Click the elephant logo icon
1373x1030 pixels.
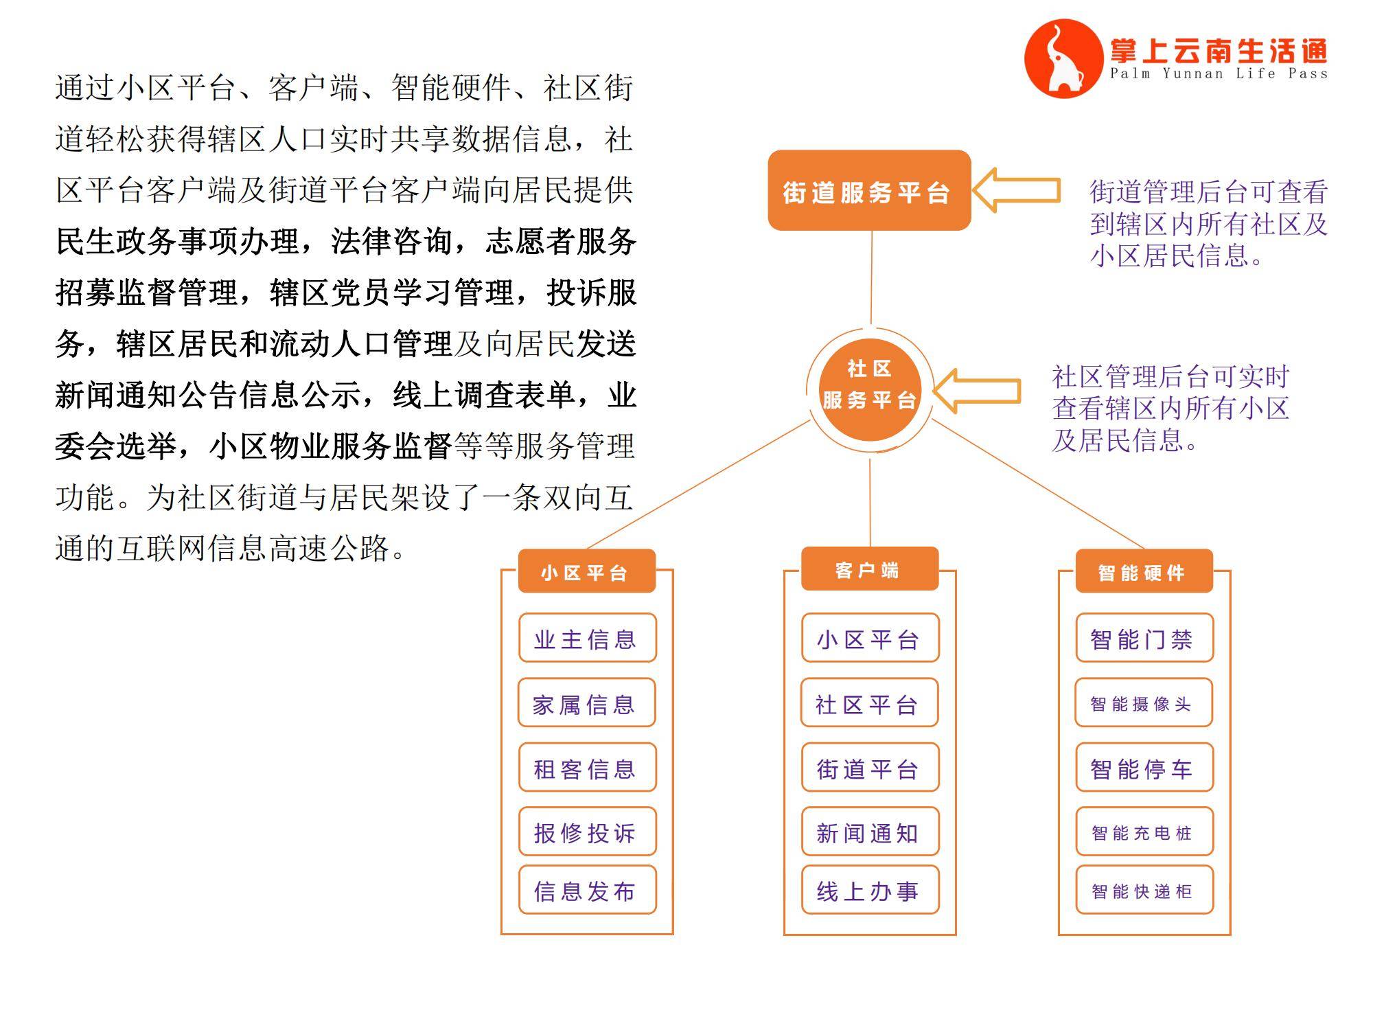tap(1063, 59)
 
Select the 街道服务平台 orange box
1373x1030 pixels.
tap(869, 190)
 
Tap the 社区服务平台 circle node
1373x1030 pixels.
tap(869, 389)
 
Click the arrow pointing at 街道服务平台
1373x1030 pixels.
tap(1016, 190)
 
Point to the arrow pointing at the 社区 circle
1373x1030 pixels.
tap(977, 391)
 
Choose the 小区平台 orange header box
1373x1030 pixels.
tap(587, 571)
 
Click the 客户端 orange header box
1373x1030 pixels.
tap(870, 569)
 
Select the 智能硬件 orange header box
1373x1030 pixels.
tap(1144, 571)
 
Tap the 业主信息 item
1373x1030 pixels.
tap(587, 638)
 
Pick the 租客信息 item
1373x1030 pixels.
tap(587, 767)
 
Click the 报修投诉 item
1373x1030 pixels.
tap(587, 832)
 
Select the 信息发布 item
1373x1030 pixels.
tap(587, 890)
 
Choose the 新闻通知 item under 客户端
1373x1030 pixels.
tap(870, 832)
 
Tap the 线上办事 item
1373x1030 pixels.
tap(870, 890)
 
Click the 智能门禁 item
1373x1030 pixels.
tap(1144, 638)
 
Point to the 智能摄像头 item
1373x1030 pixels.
tap(1144, 702)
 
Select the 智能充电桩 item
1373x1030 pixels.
tap(1144, 832)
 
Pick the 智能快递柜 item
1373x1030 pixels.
tap(1144, 890)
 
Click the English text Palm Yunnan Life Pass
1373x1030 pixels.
tap(1219, 73)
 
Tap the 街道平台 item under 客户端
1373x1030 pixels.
tap(870, 767)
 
